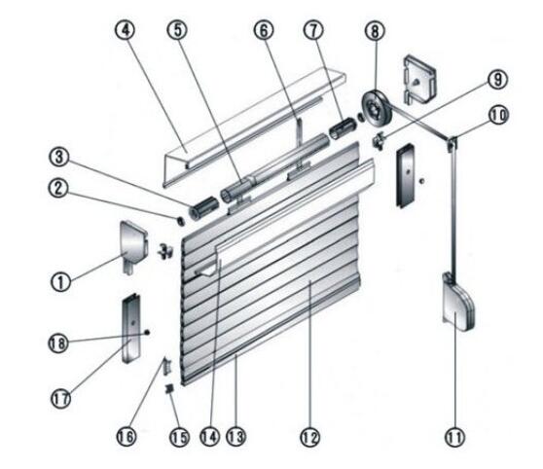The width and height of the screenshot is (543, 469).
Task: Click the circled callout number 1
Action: pos(62,282)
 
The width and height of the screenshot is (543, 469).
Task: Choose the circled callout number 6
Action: pos(263,28)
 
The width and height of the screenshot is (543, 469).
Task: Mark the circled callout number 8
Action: pos(372,28)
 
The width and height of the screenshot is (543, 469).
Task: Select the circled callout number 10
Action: pos(497,114)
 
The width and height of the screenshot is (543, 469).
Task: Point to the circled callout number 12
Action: pos(310,439)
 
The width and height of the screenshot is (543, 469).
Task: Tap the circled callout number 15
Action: pos(176,439)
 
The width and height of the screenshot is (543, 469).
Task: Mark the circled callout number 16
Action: pos(126,437)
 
